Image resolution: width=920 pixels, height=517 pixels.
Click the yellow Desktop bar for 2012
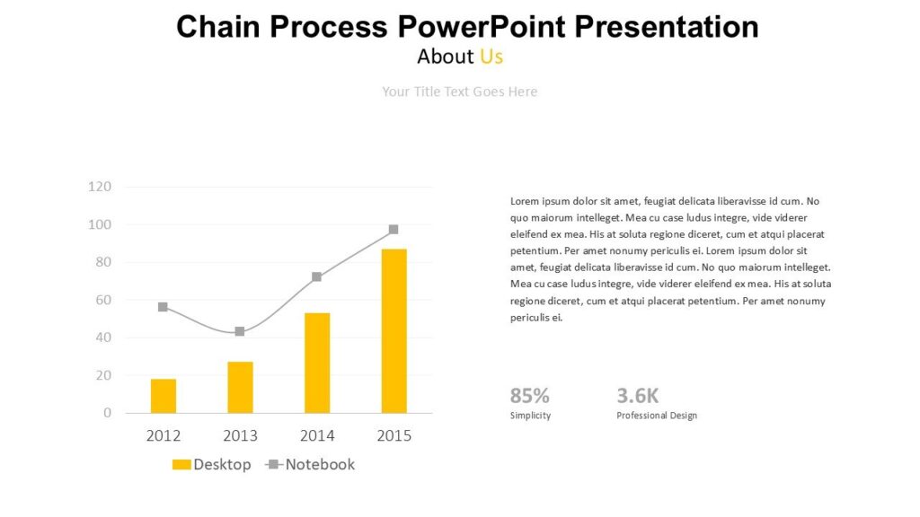tap(164, 396)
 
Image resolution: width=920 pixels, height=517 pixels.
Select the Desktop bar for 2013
tap(240, 387)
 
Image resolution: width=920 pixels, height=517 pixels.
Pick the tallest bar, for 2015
tap(394, 331)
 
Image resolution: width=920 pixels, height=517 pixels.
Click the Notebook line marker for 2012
tap(163, 307)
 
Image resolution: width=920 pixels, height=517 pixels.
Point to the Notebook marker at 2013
tap(240, 331)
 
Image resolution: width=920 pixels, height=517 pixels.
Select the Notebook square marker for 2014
tap(316, 277)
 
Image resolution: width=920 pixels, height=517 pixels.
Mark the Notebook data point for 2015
tap(394, 230)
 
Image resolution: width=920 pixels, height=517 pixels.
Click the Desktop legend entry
tap(212, 464)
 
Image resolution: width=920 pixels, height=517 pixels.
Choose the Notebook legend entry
tap(311, 464)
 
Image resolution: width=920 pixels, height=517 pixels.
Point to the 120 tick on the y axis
tap(100, 187)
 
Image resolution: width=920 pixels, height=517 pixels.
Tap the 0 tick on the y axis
tap(107, 413)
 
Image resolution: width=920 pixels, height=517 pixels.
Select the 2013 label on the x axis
tap(240, 436)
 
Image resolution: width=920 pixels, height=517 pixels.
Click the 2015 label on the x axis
tap(394, 436)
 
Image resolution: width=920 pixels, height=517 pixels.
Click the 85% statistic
tap(529, 396)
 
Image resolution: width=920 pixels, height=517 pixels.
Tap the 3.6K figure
tap(638, 396)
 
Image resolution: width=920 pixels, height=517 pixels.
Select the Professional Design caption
tap(656, 416)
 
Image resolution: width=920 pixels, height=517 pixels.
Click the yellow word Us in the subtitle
tap(491, 57)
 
